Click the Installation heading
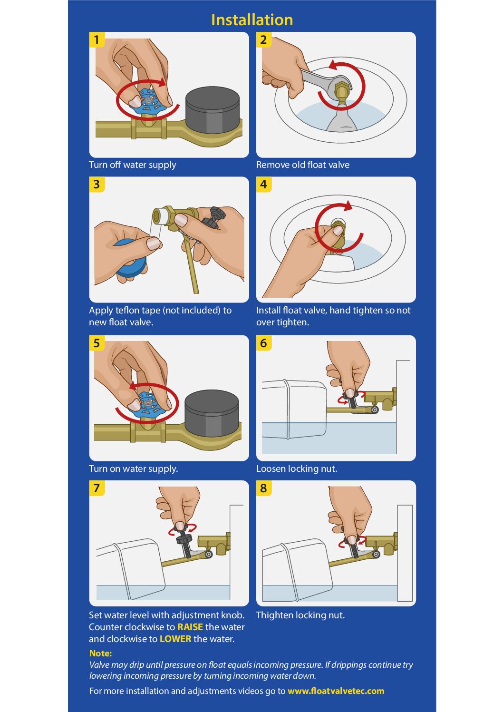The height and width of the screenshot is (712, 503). click(251, 20)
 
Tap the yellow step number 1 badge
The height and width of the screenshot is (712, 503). click(97, 40)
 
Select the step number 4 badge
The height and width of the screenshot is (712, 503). click(264, 185)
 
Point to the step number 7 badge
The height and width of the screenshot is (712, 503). click(97, 488)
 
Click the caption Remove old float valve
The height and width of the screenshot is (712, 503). click(303, 165)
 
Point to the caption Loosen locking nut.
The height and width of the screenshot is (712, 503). click(297, 468)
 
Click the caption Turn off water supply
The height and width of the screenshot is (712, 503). click(133, 165)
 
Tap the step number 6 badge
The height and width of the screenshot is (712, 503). click(264, 343)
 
